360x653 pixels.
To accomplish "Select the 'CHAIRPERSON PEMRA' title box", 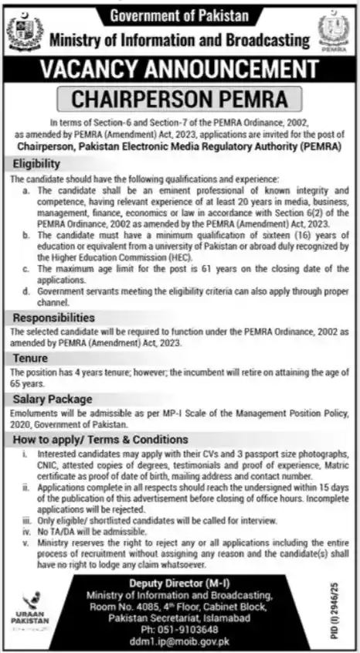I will click(x=180, y=100).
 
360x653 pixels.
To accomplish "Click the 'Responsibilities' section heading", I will click(x=53, y=317).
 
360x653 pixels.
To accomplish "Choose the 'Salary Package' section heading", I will click(x=52, y=400).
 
